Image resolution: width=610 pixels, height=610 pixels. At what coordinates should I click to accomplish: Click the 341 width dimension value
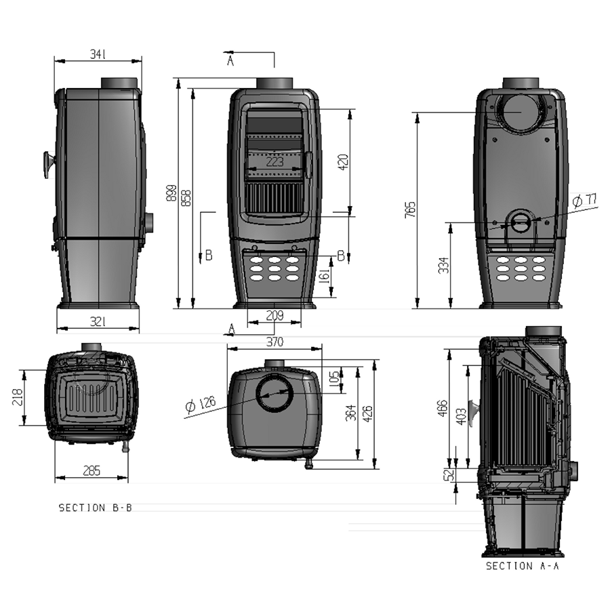pyautogui.click(x=98, y=54)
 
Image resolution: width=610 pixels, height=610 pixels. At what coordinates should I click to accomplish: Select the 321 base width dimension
pyautogui.click(x=98, y=322)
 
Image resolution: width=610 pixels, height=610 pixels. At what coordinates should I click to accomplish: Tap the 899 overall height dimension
pyautogui.click(x=171, y=193)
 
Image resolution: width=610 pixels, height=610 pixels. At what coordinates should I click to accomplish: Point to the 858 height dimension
pyautogui.click(x=186, y=198)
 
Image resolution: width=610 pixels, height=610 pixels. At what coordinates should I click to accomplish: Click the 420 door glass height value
pyautogui.click(x=344, y=162)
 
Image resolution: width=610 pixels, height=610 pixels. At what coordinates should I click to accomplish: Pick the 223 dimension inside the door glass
pyautogui.click(x=274, y=161)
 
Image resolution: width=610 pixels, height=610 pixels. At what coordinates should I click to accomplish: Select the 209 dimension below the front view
pyautogui.click(x=274, y=315)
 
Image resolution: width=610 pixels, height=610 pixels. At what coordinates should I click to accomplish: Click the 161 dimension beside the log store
pyautogui.click(x=324, y=276)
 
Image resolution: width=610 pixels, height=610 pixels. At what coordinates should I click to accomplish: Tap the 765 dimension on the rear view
pyautogui.click(x=411, y=209)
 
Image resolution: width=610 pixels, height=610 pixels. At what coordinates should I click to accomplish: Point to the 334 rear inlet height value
pyautogui.click(x=444, y=265)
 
